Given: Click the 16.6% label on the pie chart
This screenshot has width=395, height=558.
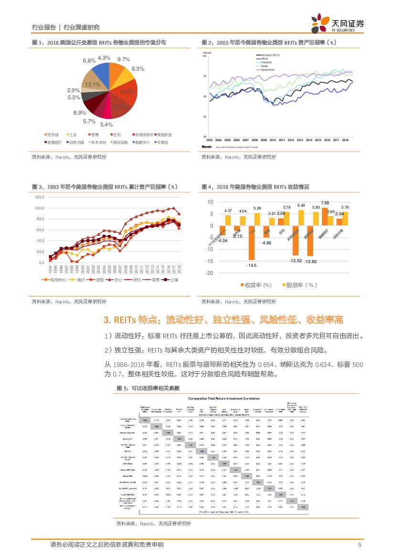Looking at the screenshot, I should (128, 92).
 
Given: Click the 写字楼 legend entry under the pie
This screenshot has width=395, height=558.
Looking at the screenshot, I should (51, 135).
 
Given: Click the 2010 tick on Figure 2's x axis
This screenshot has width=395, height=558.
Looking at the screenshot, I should (273, 140).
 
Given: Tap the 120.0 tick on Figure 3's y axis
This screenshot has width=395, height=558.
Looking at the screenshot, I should (39, 198).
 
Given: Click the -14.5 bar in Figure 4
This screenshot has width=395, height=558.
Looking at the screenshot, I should (251, 242).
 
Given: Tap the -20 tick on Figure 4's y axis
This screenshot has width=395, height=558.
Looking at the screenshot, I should (209, 273).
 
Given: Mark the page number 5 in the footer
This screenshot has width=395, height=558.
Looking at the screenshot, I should (359, 545).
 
